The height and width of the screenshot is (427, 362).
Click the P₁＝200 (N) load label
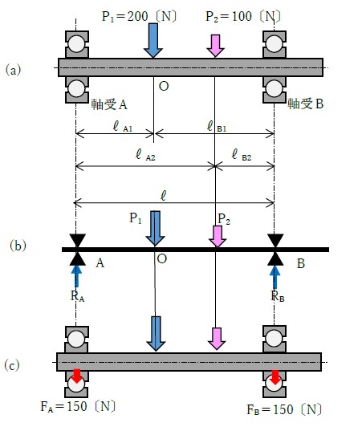click(x=139, y=16)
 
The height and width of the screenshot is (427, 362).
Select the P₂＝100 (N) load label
click(x=243, y=16)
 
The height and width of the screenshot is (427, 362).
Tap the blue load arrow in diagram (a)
click(x=153, y=41)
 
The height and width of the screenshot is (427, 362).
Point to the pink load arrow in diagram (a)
click(x=215, y=46)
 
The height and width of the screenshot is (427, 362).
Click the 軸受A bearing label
click(x=109, y=104)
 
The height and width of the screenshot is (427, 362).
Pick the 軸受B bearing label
click(x=306, y=104)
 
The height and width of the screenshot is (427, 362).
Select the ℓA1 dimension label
click(x=123, y=126)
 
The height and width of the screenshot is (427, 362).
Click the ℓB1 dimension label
click(x=217, y=126)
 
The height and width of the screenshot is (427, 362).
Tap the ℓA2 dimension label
click(x=145, y=155)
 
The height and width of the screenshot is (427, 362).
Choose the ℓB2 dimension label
click(x=242, y=155)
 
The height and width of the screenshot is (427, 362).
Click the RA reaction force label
click(x=77, y=295)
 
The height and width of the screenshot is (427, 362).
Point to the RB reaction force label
click(x=278, y=295)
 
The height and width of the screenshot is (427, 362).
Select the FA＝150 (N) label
click(x=78, y=407)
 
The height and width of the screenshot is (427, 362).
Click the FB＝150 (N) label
click(x=284, y=410)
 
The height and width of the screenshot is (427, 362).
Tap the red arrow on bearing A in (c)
click(x=77, y=376)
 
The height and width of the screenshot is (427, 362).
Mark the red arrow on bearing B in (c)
click(x=275, y=377)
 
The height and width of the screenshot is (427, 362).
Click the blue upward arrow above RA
click(x=76, y=276)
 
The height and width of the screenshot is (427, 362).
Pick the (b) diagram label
click(x=18, y=246)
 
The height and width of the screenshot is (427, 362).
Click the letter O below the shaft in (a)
click(x=164, y=87)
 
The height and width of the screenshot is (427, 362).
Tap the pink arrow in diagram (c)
click(x=217, y=339)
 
